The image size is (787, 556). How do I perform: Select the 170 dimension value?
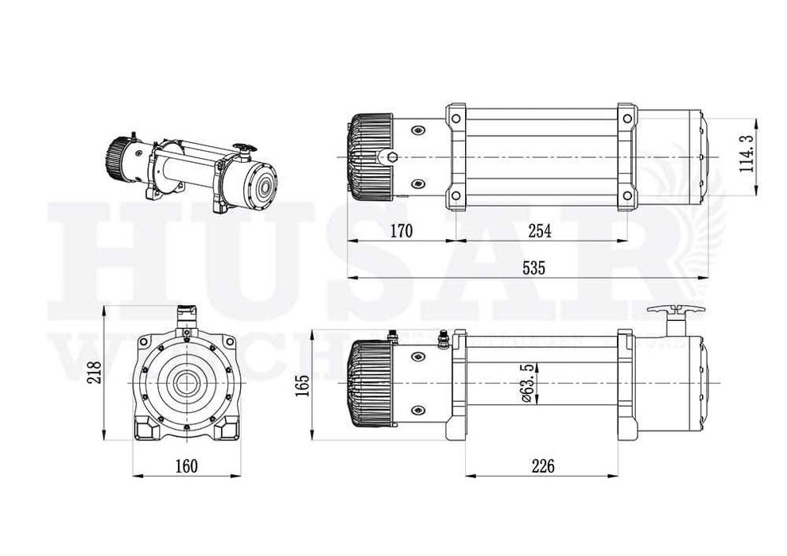pos(403,231)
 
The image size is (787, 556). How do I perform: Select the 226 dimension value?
pos(541,464)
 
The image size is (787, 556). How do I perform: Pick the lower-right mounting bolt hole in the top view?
pos(628,195)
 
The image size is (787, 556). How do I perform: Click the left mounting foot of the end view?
pos(147,430)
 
